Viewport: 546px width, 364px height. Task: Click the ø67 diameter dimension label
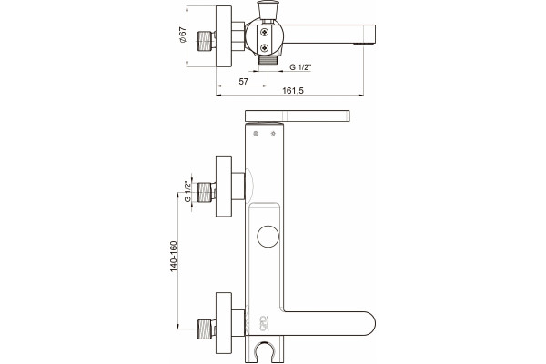[x=183, y=35]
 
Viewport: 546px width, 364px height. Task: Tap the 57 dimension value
[x=243, y=81]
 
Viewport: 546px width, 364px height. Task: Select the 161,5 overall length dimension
[x=293, y=91]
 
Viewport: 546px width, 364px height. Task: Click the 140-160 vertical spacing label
[x=174, y=257]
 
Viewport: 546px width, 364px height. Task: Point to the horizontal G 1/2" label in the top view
[x=300, y=67]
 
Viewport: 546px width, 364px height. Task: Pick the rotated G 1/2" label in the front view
[x=187, y=191]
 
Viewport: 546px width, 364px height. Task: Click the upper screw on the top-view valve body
[x=265, y=33]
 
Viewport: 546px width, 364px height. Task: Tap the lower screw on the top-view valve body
[x=265, y=48]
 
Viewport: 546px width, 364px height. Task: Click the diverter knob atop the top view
[x=265, y=10]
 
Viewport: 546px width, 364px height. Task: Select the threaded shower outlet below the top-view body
[x=268, y=60]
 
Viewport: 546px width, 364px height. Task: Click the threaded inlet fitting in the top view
[x=207, y=41]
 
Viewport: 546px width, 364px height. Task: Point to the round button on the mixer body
[x=268, y=237]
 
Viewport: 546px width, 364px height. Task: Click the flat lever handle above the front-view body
[x=297, y=116]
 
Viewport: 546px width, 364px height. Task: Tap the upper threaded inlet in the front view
[x=207, y=192]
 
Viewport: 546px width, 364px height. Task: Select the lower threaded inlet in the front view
[x=207, y=329]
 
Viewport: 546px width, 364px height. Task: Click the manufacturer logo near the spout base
[x=264, y=322]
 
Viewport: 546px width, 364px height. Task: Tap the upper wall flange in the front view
[x=224, y=187]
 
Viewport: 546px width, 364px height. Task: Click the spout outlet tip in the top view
[x=364, y=43]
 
